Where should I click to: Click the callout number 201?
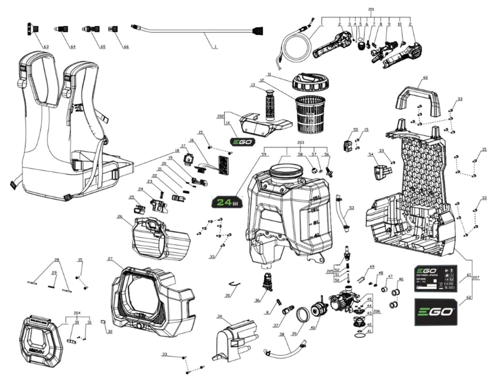tap(371, 9)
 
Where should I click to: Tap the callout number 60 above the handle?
tap(425, 78)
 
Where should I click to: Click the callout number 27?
tap(110, 259)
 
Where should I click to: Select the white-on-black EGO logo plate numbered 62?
tap(435, 312)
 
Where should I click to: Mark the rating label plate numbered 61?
tap(435, 278)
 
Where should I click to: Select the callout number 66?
tap(126, 47)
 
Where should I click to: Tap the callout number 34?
tap(220, 316)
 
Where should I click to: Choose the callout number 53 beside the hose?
tap(352, 208)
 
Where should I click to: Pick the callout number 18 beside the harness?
tap(176, 150)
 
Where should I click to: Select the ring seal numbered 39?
tap(302, 315)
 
